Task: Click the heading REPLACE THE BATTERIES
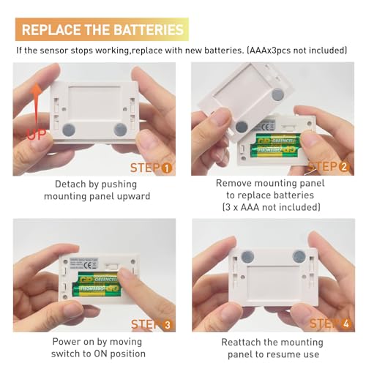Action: pyautogui.click(x=102, y=30)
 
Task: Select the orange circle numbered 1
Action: pyautogui.click(x=167, y=168)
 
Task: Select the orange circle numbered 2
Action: pyautogui.click(x=344, y=167)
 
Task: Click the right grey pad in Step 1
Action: pyautogui.click(x=120, y=130)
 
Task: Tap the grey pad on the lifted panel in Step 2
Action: pyautogui.click(x=278, y=94)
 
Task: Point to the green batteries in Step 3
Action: pyautogui.click(x=96, y=283)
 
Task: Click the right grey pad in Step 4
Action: pyautogui.click(x=299, y=256)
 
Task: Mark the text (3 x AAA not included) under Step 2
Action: pyautogui.click(x=272, y=208)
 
